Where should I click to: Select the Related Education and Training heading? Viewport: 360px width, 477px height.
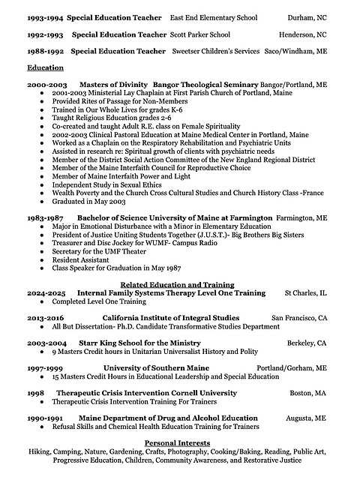coord(179,285)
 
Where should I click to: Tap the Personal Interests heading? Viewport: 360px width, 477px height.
coord(179,443)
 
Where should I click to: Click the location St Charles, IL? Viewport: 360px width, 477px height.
coord(305,293)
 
